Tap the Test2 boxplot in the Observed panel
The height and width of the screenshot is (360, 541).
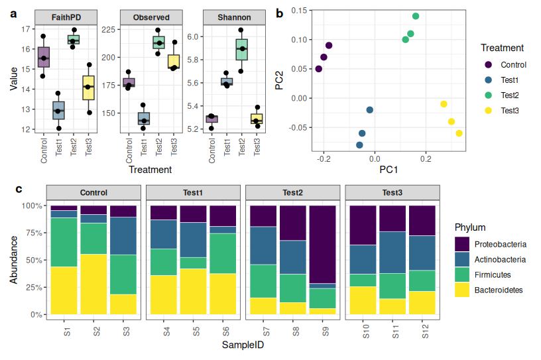158,42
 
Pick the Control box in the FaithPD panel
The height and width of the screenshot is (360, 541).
44,57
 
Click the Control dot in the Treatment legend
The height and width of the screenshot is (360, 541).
489,65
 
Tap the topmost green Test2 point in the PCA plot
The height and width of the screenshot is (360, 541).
416,16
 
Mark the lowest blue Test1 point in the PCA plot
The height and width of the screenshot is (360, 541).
359,145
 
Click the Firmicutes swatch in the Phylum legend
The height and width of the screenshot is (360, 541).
462,274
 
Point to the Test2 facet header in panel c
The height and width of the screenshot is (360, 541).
292,193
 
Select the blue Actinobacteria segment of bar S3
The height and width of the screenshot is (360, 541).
123,235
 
